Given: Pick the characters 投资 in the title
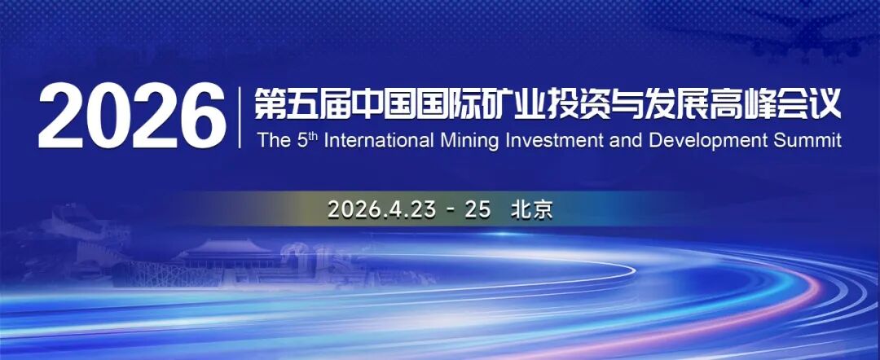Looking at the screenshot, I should pos(580,104).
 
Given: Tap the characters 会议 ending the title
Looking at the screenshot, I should pos(815,104).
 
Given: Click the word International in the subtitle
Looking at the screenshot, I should pos(381,141).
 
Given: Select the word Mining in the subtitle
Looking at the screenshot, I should pos(472,141).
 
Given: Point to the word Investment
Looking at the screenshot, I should pos(557,141).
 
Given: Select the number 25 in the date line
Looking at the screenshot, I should pos(477,209).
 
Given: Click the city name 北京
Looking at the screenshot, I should pos(531,209).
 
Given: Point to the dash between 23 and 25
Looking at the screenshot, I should pos(449,209).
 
